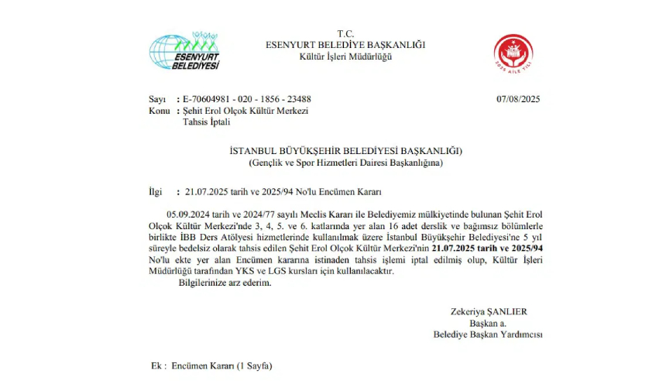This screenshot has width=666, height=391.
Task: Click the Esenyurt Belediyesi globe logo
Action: (184, 52)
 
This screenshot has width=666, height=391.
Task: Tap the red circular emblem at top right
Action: (513, 52)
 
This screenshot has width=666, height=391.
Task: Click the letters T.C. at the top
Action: (345, 33)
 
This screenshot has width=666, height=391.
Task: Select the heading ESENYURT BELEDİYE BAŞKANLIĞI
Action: (345, 45)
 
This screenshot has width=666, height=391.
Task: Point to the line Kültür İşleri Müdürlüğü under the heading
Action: (345, 57)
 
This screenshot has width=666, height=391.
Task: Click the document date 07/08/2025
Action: (517, 99)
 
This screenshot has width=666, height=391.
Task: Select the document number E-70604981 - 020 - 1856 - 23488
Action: (247, 99)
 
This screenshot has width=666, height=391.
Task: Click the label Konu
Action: (158, 111)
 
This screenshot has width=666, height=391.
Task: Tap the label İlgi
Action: (156, 190)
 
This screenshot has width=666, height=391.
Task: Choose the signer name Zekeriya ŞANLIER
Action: (489, 311)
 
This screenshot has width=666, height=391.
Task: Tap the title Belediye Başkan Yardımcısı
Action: (488, 334)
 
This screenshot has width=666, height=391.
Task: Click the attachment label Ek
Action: (157, 364)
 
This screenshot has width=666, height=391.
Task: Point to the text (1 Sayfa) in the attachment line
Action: (255, 364)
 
